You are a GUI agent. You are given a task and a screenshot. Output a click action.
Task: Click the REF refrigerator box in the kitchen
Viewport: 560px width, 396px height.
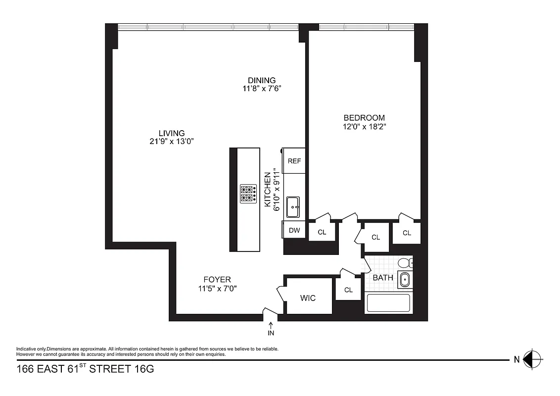pos(294,161)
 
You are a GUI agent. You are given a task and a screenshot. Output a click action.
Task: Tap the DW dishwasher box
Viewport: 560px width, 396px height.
pos(294,230)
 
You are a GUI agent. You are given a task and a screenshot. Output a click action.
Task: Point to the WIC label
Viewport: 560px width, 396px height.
pos(308,298)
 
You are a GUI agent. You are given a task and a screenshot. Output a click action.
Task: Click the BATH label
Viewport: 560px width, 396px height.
pos(383,278)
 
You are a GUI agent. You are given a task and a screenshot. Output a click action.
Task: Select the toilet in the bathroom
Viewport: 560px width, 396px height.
pos(406,263)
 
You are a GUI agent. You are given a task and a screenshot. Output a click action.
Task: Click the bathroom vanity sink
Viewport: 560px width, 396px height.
pos(405,280)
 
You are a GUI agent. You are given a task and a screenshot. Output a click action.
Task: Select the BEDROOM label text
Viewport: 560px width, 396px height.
pos(364,118)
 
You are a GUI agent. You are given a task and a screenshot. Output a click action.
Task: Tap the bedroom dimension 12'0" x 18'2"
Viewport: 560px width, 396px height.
pos(364,127)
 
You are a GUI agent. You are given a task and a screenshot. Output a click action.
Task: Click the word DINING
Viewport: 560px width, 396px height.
pos(262,81)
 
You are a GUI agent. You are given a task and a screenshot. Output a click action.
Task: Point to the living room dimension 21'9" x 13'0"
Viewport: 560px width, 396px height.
pos(172,142)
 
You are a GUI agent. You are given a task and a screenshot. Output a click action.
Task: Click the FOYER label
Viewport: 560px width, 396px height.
pos(217,280)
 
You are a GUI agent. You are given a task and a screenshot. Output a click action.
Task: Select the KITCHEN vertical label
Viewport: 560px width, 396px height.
pos(268,190)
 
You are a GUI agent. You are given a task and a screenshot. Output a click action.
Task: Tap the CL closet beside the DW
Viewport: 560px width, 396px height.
pos(322,232)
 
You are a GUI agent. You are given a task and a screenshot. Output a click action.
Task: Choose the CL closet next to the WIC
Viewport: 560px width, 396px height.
pos(348,290)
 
